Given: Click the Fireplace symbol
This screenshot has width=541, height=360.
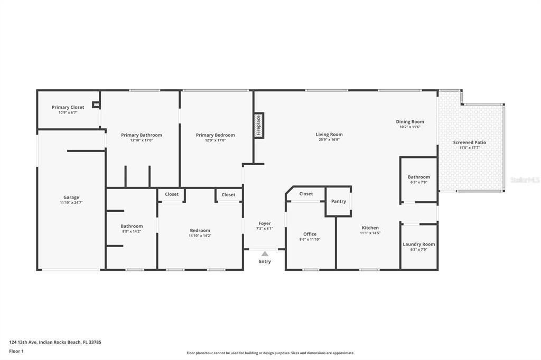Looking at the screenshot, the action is pyautogui.click(x=259, y=126).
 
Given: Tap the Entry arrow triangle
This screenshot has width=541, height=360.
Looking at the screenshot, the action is pyautogui.click(x=265, y=254).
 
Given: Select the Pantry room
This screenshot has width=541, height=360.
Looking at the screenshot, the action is pyautogui.click(x=339, y=202).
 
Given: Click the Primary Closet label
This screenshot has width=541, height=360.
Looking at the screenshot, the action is pyautogui.click(x=68, y=107).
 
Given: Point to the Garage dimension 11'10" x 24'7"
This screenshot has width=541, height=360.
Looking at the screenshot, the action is pyautogui.click(x=71, y=203).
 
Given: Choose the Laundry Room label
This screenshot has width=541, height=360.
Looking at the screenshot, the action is pyautogui.click(x=419, y=244).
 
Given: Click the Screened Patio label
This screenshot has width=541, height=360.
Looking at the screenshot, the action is pyautogui.click(x=470, y=143).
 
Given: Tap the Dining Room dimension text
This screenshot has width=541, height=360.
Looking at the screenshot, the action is pyautogui.click(x=410, y=127).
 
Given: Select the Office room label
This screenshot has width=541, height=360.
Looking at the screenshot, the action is pyautogui.click(x=310, y=234).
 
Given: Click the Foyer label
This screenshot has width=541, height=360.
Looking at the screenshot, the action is pyautogui.click(x=265, y=223).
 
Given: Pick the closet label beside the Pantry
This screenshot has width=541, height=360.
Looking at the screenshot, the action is pyautogui.click(x=306, y=194).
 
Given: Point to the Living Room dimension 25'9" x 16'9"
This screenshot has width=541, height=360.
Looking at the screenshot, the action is pyautogui.click(x=329, y=140).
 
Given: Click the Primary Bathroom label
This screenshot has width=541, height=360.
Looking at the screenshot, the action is pyautogui.click(x=142, y=135).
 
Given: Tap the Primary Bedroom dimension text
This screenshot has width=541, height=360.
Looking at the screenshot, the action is pyautogui.click(x=216, y=140).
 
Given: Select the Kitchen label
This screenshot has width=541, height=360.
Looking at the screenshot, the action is pyautogui.click(x=370, y=228).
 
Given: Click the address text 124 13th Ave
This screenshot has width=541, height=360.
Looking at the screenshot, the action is pyautogui.click(x=23, y=343).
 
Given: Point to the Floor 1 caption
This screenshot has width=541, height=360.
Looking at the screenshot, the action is pyautogui.click(x=16, y=352).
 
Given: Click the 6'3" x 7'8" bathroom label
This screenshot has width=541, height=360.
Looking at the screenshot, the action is pyautogui.click(x=419, y=177).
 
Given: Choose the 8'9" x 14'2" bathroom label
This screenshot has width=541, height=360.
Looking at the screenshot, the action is pyautogui.click(x=132, y=226).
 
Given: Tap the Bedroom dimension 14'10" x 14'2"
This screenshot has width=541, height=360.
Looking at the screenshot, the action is pyautogui.click(x=200, y=236).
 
